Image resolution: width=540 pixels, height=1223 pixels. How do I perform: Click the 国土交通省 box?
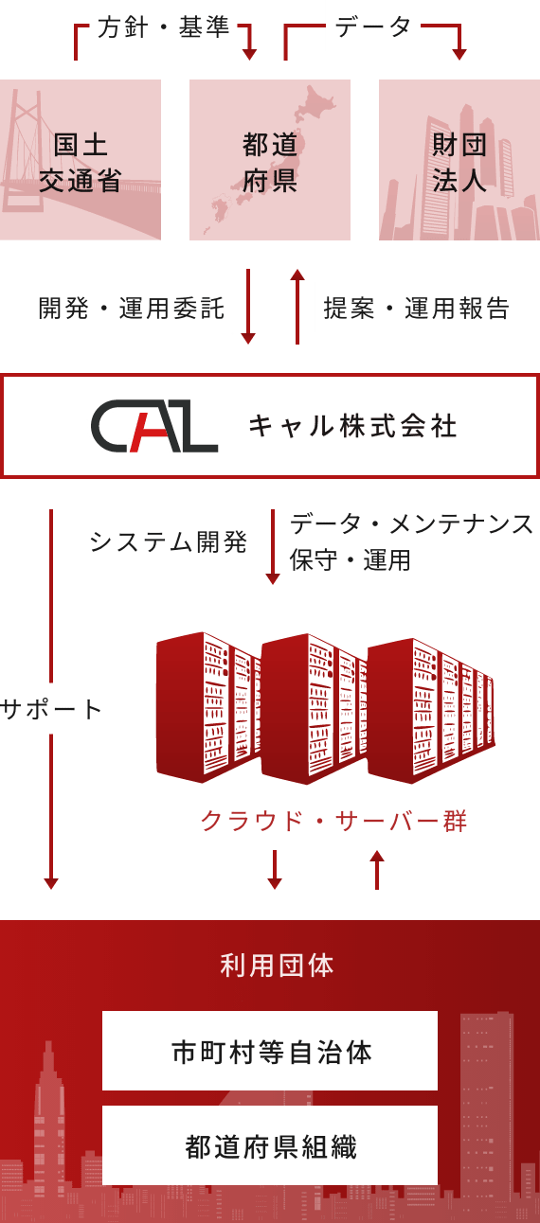81,160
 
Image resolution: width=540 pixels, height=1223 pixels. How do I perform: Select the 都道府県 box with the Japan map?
270,160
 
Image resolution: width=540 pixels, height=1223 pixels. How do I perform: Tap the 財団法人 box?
459,160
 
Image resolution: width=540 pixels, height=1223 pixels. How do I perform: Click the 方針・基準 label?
163,27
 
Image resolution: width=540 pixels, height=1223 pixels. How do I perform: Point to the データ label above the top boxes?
373,27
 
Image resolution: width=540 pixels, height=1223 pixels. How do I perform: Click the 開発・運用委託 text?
131,309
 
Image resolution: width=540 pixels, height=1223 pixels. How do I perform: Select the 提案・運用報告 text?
417,309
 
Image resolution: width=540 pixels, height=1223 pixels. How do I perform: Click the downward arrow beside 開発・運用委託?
248,307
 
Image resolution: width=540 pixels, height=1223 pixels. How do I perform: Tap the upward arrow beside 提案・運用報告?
297,307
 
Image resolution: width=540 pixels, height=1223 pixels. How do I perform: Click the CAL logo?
154,426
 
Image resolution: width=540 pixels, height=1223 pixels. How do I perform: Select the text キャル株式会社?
352,426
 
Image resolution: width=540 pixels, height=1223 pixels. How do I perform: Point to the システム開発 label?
169,542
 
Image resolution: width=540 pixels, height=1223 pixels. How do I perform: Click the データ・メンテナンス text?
411,524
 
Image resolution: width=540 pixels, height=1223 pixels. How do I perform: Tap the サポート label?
51,710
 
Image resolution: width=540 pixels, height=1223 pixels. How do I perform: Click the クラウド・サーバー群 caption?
333,821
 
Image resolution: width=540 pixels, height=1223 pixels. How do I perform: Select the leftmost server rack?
207,707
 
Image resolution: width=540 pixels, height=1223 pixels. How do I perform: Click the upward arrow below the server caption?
377,870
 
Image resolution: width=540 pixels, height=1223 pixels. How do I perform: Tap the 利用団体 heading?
277,966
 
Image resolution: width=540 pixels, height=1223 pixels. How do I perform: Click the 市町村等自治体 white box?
270,1051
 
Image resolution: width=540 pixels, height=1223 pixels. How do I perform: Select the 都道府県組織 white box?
270,1145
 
